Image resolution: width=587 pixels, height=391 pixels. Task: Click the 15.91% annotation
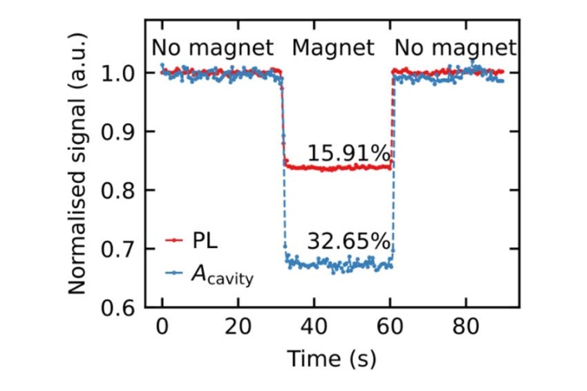(x=348, y=154)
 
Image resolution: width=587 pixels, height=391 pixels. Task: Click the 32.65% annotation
(x=348, y=241)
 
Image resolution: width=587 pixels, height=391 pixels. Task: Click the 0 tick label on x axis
(x=162, y=328)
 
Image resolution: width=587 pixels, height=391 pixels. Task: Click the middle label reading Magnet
(x=333, y=48)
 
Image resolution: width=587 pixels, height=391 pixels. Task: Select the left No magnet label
(x=212, y=48)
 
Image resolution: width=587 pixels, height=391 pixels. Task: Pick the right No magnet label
(x=455, y=48)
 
